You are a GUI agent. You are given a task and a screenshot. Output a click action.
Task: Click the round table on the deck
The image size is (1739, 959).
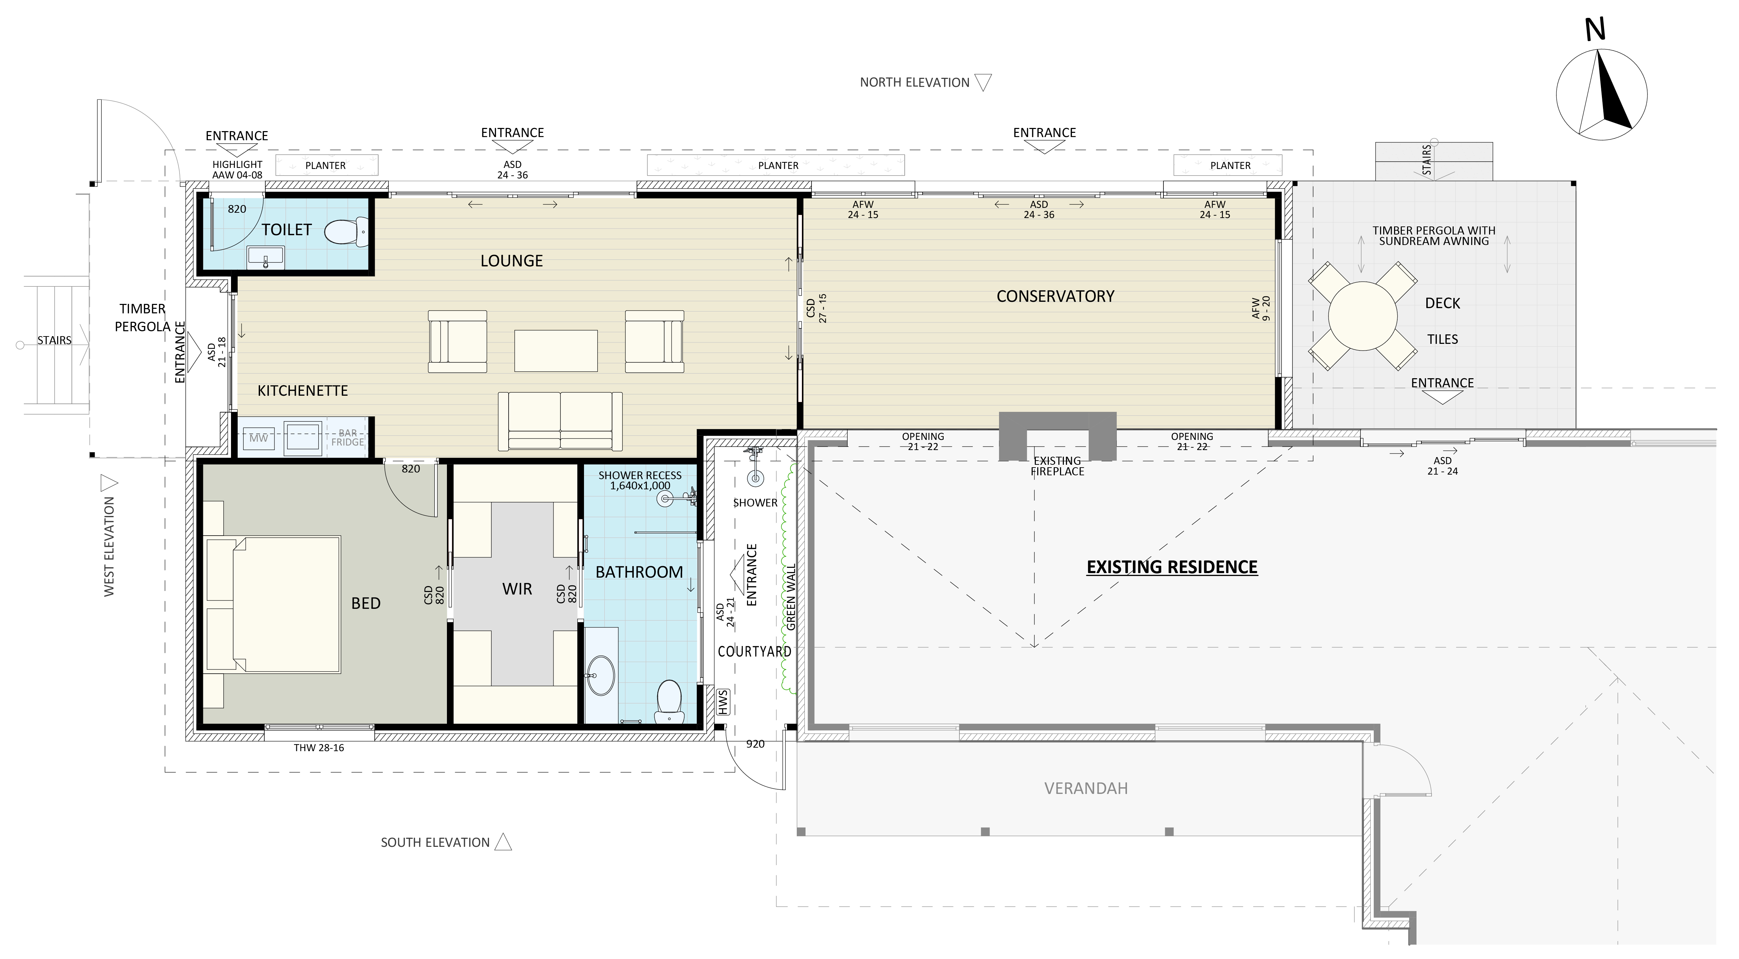click(x=1362, y=316)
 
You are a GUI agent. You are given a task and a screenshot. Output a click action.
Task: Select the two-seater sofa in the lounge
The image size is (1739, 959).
click(x=560, y=421)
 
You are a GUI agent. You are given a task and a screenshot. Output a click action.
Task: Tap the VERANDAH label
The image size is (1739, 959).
click(x=1086, y=788)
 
